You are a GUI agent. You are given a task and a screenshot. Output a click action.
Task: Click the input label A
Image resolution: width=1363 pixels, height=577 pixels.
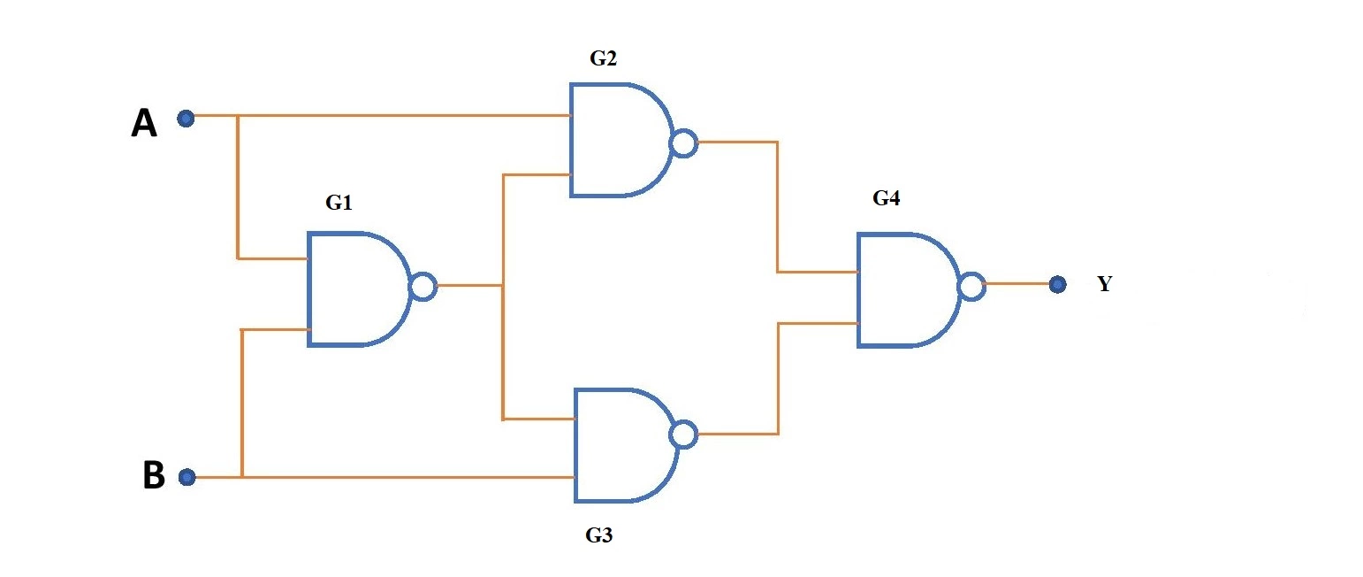pos(144,125)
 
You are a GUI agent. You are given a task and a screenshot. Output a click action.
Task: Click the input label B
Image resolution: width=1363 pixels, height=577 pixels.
pos(153,476)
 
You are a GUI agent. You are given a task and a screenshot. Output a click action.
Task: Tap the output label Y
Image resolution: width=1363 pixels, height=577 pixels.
pos(1104,285)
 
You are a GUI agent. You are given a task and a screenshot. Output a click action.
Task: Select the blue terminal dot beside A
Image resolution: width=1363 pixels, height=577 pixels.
pos(186,118)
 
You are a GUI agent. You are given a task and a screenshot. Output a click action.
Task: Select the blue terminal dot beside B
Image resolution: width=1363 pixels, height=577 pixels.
pos(187,478)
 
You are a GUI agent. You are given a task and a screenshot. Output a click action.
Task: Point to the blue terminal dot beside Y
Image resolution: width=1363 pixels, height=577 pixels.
pos(1056,285)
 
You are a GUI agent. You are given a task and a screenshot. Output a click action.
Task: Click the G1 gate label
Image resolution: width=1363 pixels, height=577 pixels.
pos(339,204)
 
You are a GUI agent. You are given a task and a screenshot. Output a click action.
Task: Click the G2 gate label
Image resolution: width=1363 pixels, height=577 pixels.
pos(604,59)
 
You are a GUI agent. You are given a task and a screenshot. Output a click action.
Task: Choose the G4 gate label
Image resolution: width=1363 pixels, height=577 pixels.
pos(886,198)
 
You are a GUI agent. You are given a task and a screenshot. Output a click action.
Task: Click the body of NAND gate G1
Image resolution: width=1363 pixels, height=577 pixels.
pos(354,288)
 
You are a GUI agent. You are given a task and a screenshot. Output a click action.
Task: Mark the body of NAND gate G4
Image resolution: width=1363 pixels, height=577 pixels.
pos(903,289)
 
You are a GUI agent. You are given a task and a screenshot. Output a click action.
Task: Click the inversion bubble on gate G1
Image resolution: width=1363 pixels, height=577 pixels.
pos(423,287)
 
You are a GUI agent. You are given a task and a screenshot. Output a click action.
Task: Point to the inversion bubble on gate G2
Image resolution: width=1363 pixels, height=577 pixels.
pos(683,142)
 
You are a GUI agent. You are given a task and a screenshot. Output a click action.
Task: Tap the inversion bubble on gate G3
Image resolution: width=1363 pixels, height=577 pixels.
pos(683,435)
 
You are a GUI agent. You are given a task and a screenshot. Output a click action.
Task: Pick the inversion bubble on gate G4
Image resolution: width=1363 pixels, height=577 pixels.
pos(971,287)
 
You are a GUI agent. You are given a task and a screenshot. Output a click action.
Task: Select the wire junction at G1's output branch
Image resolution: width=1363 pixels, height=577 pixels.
pos(502,286)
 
